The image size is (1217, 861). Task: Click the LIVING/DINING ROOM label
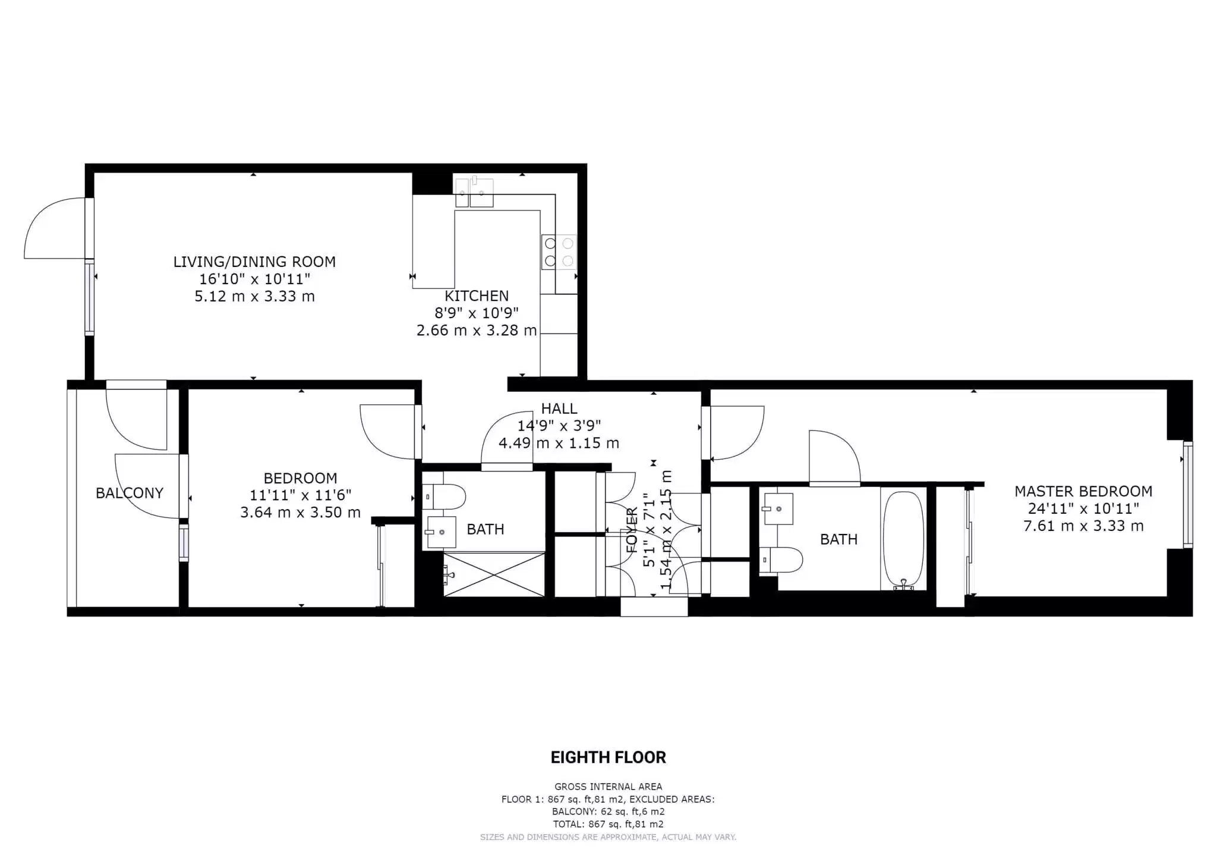tap(254, 262)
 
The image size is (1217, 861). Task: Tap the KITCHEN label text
tap(477, 296)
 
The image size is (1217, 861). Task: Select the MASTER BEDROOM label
tap(1083, 492)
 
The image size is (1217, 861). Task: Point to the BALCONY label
tap(129, 493)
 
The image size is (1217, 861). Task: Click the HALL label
tap(559, 408)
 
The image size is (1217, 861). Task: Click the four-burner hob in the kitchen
tap(559, 252)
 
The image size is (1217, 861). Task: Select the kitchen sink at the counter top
tap(474, 191)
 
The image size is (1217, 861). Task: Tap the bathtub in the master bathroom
tap(903, 540)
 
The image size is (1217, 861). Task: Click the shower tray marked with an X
tap(494, 574)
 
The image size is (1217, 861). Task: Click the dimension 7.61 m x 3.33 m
tap(1083, 526)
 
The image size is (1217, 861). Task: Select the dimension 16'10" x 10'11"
tap(254, 279)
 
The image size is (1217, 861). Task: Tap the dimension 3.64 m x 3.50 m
tap(300, 513)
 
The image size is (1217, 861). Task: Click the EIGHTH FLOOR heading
tap(608, 758)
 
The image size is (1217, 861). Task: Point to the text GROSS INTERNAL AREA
tap(608, 787)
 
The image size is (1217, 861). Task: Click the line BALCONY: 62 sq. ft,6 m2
tap(608, 812)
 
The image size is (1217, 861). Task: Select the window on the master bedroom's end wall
tap(1187, 494)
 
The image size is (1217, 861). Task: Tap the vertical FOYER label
tap(632, 530)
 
